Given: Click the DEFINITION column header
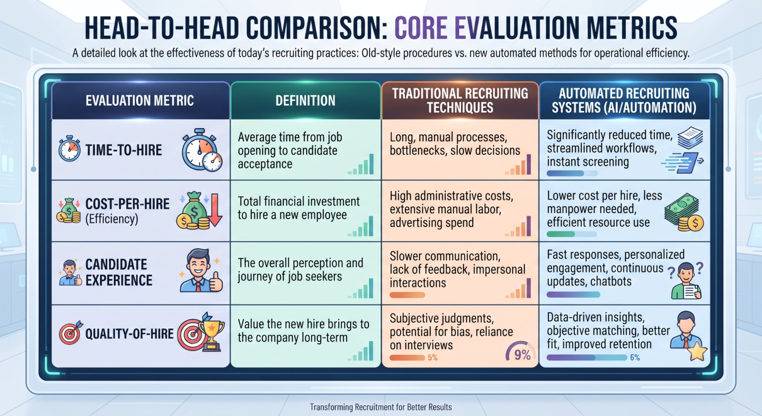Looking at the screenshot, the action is pyautogui.click(x=305, y=101).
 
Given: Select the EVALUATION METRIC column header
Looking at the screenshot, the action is pyautogui.click(x=140, y=101).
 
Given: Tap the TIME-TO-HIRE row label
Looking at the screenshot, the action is pyautogui.click(x=123, y=150).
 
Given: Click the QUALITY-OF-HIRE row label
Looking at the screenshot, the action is pyautogui.click(x=129, y=334).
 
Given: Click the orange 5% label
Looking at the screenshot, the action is pyautogui.click(x=433, y=358).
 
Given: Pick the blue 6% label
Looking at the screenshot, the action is pyautogui.click(x=635, y=358).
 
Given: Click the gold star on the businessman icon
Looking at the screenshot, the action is pyautogui.click(x=697, y=351).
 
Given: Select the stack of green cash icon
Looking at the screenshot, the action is pyautogui.click(x=682, y=208).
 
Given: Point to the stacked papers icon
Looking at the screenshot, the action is pyautogui.click(x=690, y=138).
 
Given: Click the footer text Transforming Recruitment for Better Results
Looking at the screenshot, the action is pyautogui.click(x=381, y=407).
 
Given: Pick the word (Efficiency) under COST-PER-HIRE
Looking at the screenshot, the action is pyautogui.click(x=112, y=219).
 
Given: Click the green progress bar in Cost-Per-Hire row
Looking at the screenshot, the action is pyautogui.click(x=561, y=234).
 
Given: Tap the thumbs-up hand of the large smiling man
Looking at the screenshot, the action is pyautogui.click(x=216, y=282).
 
